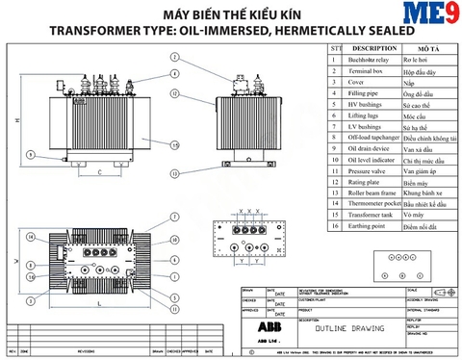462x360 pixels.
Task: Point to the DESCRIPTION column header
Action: pyautogui.click(x=376, y=47)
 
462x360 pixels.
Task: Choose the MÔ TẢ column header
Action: pyautogui.click(x=429, y=47)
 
